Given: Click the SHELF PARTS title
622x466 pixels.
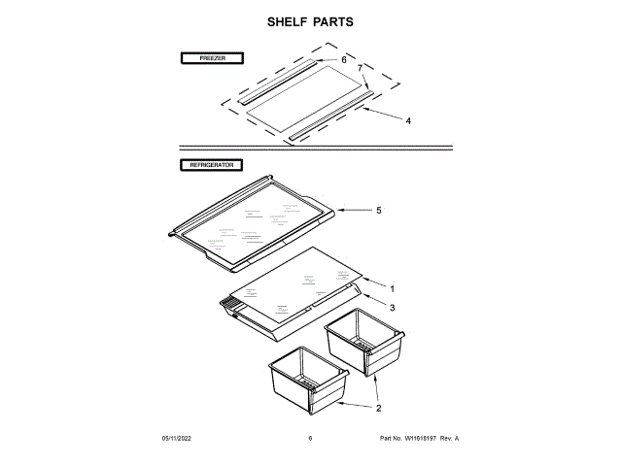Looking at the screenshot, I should (311, 21).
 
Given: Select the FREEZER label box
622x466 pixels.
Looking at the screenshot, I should (212, 59).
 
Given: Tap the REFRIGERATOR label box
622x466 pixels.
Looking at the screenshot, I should (212, 166).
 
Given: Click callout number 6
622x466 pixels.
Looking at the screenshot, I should (343, 59).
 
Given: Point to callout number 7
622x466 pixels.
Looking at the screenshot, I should (360, 69).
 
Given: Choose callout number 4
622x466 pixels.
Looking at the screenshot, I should (408, 121).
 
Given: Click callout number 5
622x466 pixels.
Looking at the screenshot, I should (378, 210).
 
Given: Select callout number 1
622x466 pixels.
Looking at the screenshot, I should (392, 288).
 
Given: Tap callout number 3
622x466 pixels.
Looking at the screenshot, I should (392, 307).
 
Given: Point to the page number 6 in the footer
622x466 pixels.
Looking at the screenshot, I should (310, 439).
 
